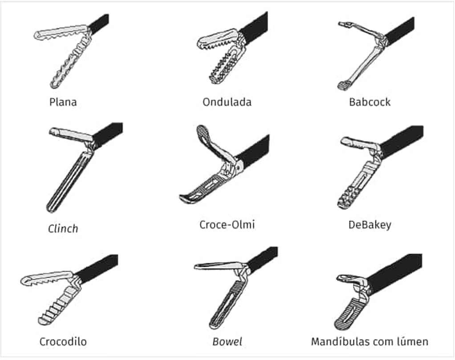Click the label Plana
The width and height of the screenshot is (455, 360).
click(x=63, y=102)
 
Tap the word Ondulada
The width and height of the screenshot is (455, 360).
click(x=227, y=102)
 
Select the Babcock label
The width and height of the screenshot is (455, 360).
click(x=370, y=102)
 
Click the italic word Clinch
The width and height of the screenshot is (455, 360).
click(x=63, y=229)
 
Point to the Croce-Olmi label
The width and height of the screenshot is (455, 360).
click(x=227, y=224)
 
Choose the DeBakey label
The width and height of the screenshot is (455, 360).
click(x=370, y=225)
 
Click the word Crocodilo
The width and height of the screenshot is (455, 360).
click(x=63, y=342)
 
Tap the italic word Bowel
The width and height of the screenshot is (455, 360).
click(x=227, y=342)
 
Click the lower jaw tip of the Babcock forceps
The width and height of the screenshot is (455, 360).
click(x=344, y=84)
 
